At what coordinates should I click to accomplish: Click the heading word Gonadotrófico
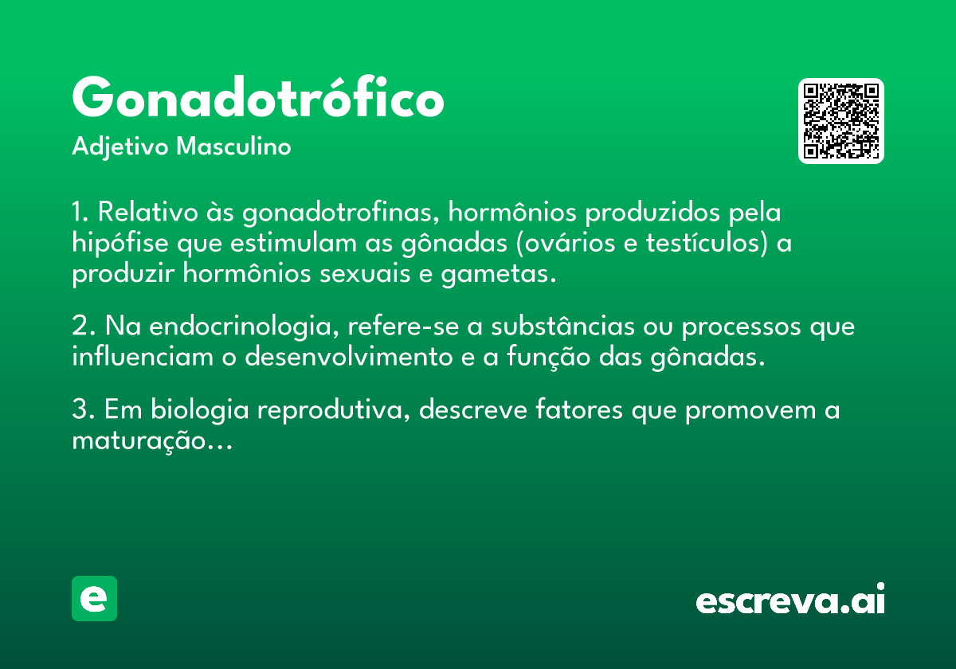(x=258, y=97)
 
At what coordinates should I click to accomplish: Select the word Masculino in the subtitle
(x=233, y=146)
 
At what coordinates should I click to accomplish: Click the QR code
(x=840, y=121)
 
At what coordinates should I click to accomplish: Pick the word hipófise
(x=120, y=243)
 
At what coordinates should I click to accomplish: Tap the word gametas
(x=499, y=274)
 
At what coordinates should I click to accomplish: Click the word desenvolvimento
(x=349, y=357)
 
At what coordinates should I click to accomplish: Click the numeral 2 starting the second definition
(x=80, y=327)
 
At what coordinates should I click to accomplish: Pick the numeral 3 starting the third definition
(x=80, y=409)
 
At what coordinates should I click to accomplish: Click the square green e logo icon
(x=94, y=598)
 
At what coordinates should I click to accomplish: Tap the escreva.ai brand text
(x=790, y=598)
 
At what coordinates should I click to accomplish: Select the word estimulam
(x=293, y=243)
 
